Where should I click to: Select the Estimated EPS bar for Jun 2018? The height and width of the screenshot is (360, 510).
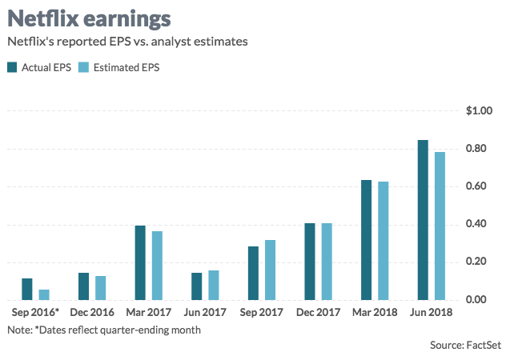tap(440, 226)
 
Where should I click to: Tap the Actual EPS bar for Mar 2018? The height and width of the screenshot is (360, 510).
tap(366, 240)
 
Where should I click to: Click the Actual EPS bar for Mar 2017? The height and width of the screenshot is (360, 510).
tap(140, 262)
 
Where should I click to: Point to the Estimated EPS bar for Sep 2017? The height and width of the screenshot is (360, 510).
tap(270, 270)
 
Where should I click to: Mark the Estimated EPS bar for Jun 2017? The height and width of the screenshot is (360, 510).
tap(213, 285)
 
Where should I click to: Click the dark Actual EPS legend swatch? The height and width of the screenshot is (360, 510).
tap(12, 67)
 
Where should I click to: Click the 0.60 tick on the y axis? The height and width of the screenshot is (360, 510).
tap(480, 186)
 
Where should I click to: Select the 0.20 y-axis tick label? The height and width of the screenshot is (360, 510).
tap(480, 262)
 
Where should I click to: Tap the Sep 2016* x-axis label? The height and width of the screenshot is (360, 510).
tap(36, 312)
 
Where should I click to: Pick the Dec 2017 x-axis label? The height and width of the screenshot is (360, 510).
tap(317, 312)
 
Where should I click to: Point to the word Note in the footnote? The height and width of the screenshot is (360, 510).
tap(18, 329)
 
